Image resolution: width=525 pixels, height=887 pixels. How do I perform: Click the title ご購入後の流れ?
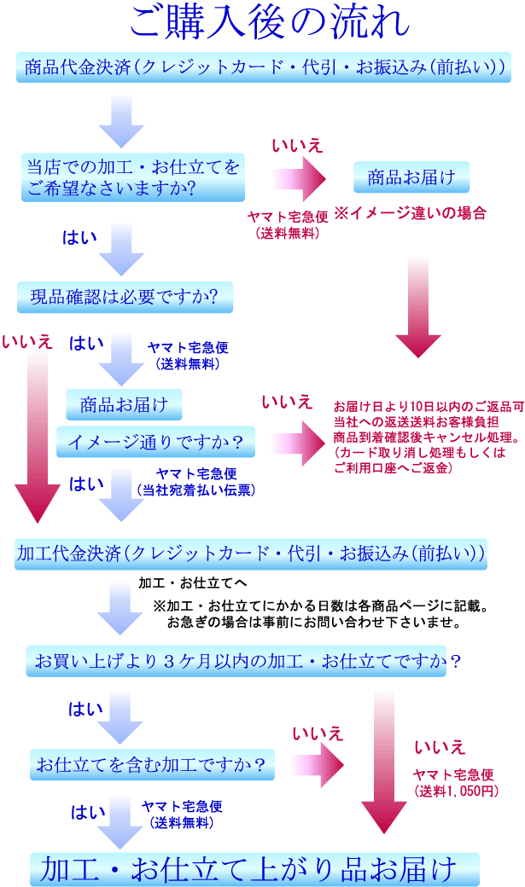pyautogui.click(x=262, y=24)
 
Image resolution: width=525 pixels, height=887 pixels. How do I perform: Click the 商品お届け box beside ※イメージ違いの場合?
pyautogui.click(x=411, y=177)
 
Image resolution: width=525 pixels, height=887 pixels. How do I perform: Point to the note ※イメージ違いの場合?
pyautogui.click(x=411, y=212)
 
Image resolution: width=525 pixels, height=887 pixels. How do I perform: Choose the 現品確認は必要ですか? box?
pyautogui.click(x=124, y=297)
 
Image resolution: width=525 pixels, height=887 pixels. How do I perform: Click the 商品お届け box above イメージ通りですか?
pyautogui.click(x=124, y=403)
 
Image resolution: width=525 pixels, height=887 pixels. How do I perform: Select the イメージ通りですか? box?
pyautogui.click(x=155, y=441)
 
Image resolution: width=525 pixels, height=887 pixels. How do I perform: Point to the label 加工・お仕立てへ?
pyautogui.click(x=193, y=583)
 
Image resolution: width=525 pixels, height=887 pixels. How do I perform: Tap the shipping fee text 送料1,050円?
pyautogui.click(x=455, y=791)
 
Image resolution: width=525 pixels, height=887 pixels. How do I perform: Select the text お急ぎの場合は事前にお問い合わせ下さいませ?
pyautogui.click(x=314, y=623)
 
